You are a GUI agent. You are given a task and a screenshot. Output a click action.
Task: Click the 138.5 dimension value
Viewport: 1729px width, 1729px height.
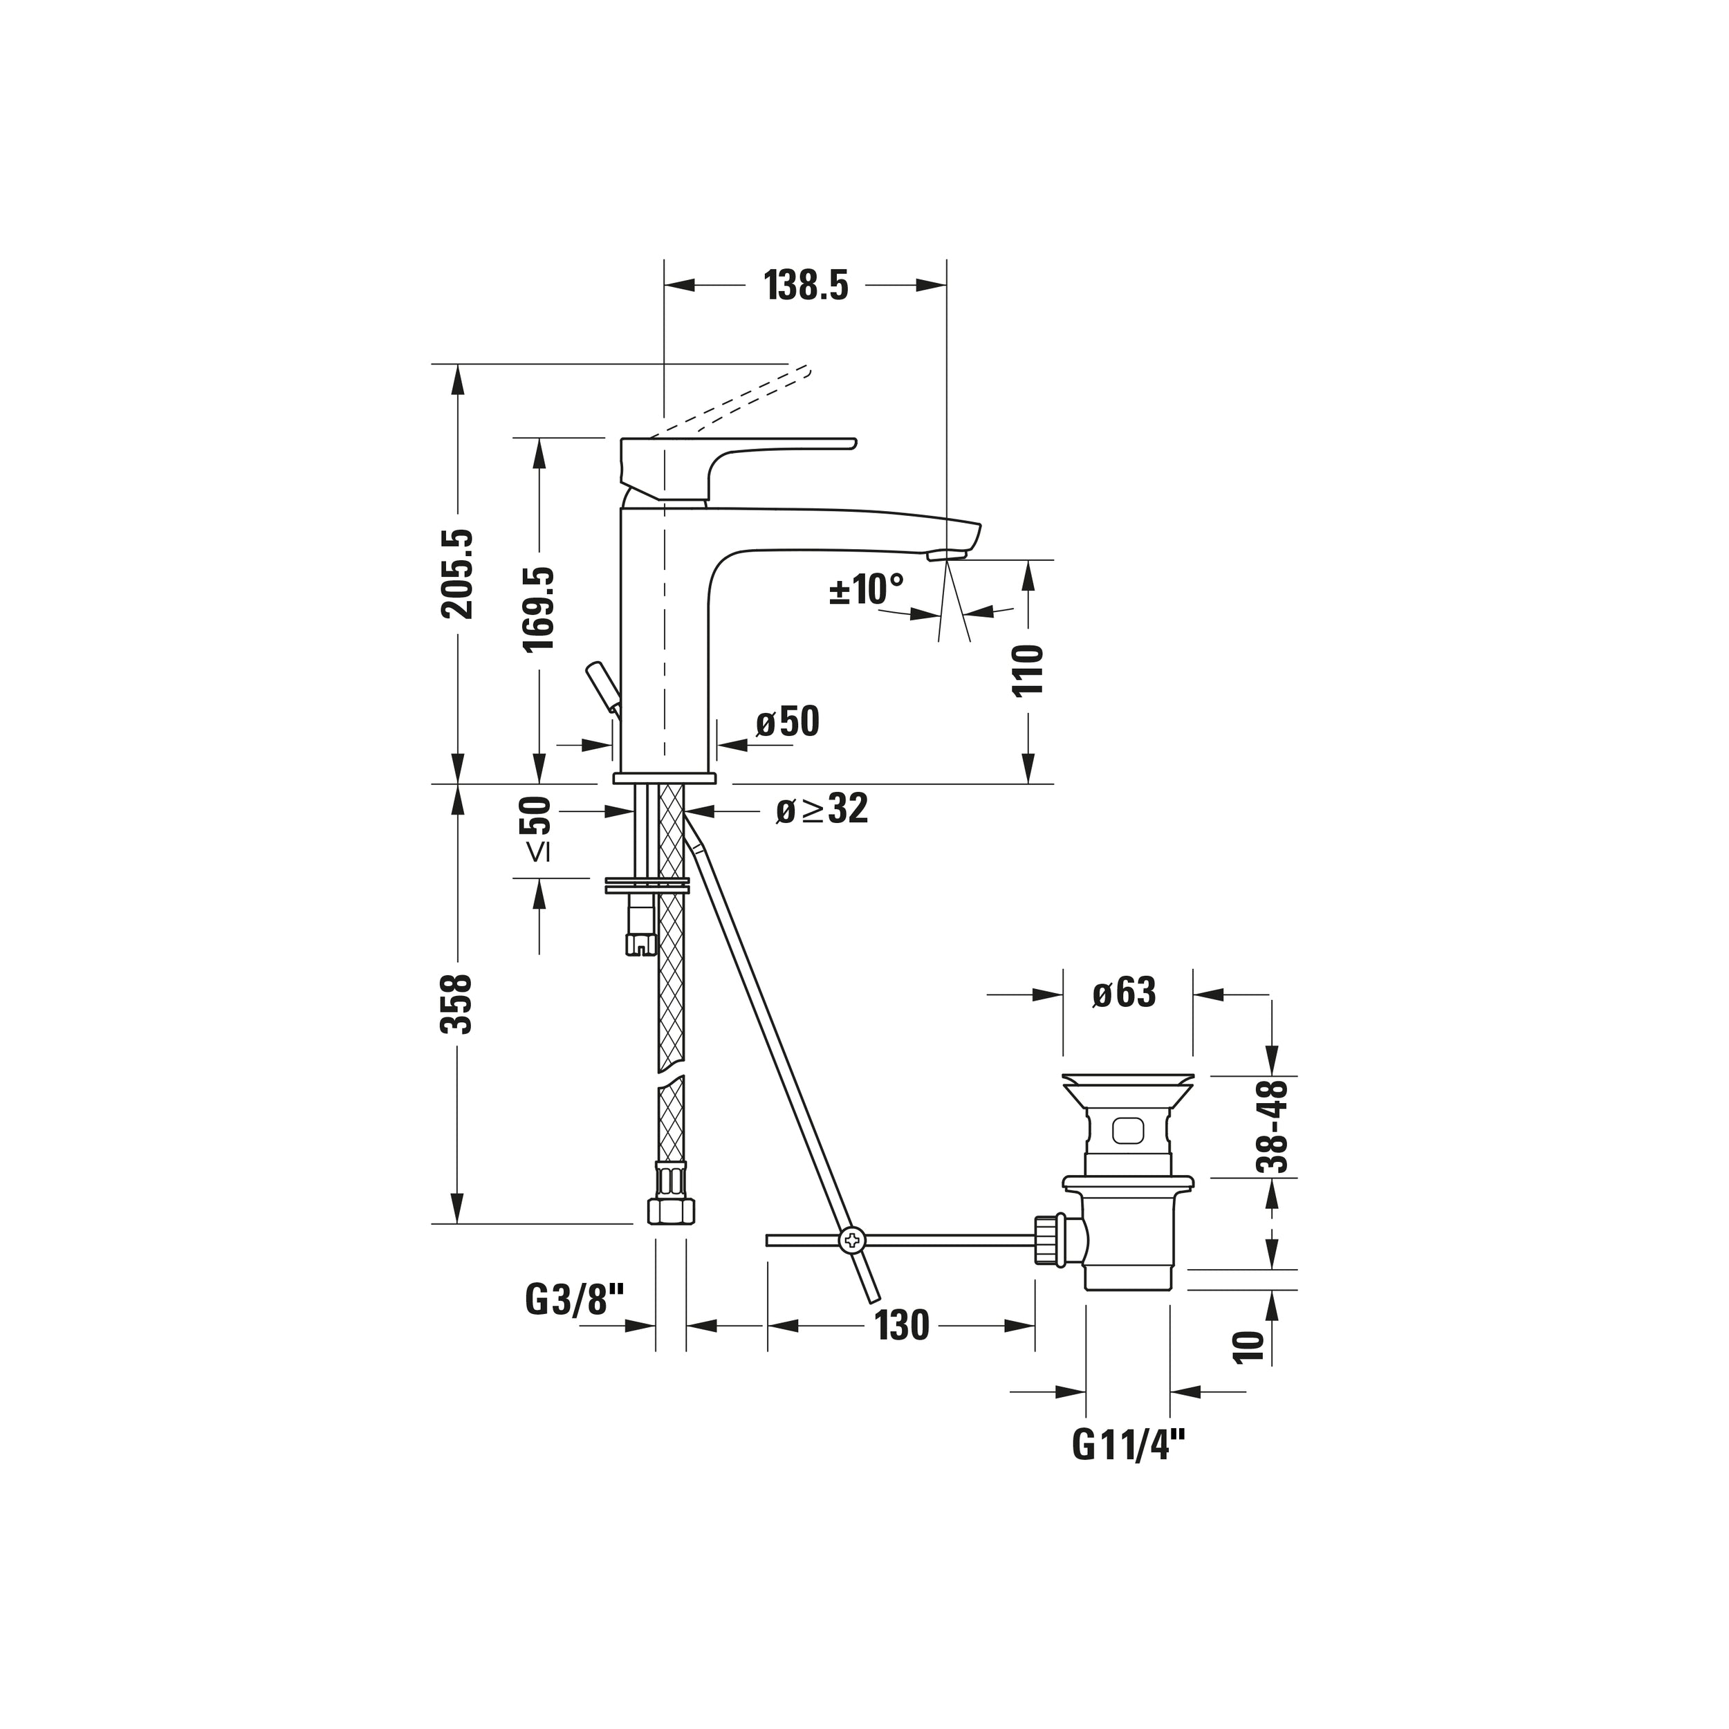(806, 286)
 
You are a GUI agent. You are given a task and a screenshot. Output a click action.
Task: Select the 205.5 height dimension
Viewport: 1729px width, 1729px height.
(459, 573)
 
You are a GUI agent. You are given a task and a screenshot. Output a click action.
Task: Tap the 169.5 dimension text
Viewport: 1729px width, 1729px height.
(539, 609)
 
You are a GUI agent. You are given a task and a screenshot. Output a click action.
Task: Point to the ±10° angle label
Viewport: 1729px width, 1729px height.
(867, 590)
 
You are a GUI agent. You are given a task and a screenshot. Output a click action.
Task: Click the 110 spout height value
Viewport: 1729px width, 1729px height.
(1028, 670)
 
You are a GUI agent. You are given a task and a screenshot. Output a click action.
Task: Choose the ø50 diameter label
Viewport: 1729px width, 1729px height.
(788, 721)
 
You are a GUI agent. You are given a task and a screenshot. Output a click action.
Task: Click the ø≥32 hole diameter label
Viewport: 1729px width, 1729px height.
(822, 809)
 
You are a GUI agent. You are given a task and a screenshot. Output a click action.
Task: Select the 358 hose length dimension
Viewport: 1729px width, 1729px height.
(459, 1004)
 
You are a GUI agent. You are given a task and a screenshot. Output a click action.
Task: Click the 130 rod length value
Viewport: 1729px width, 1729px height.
(902, 1325)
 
